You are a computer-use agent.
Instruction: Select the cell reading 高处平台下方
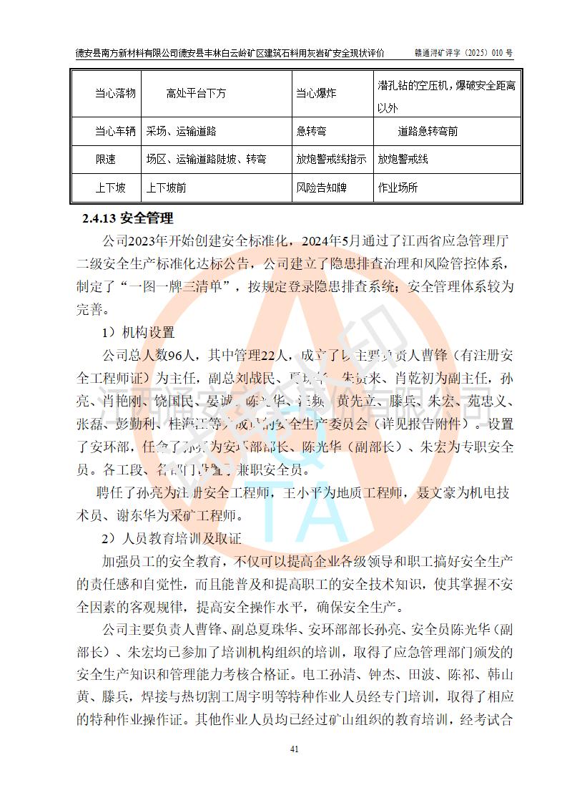click(196, 94)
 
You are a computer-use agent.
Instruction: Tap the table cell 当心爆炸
click(316, 94)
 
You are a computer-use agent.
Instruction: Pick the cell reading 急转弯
click(312, 132)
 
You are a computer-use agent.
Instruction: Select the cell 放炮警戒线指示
click(331, 160)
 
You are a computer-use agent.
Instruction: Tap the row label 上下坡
click(110, 188)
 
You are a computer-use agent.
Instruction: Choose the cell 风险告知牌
click(321, 188)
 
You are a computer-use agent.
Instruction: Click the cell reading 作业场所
click(398, 188)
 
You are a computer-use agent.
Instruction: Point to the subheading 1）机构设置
click(137, 333)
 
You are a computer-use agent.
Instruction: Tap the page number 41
click(294, 749)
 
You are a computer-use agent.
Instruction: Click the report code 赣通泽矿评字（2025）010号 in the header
click(464, 54)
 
